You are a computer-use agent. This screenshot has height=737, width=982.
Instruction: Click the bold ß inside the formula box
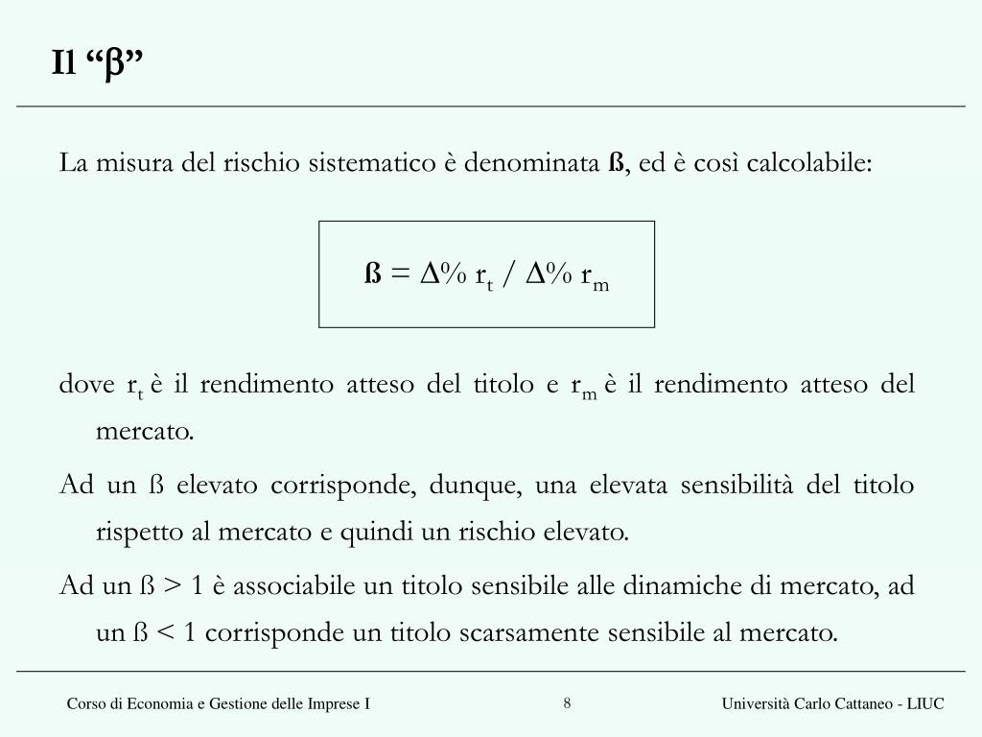click(372, 275)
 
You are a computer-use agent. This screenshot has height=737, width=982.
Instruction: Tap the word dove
click(86, 385)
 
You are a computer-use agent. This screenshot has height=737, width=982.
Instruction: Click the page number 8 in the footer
click(568, 703)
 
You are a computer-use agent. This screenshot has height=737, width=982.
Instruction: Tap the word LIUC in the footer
click(926, 704)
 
